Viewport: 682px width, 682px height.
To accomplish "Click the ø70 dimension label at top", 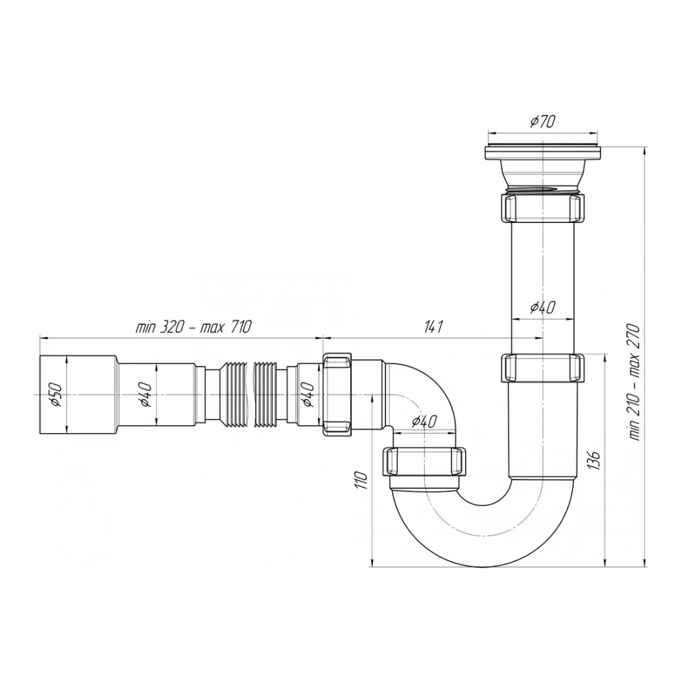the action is (x=543, y=121).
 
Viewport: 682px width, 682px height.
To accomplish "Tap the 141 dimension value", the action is (x=433, y=326).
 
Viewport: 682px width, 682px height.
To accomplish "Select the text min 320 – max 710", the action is (x=194, y=326).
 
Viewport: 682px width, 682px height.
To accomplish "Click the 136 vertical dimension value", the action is (x=594, y=460).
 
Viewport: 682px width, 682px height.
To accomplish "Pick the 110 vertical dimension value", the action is (x=362, y=479).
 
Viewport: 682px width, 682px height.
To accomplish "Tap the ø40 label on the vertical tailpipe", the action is (x=543, y=308).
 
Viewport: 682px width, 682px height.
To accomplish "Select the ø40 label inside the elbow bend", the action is (x=424, y=421).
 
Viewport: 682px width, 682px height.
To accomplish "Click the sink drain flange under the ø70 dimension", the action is (x=543, y=153).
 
